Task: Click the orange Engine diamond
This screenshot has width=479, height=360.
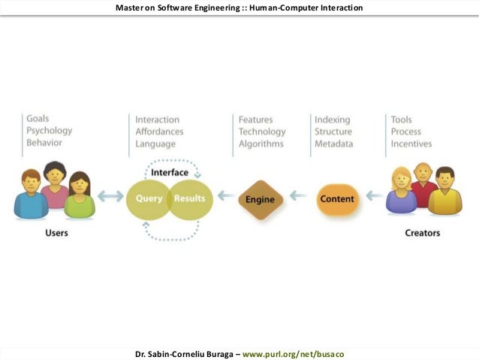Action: click(260, 199)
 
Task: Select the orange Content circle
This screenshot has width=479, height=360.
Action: click(337, 199)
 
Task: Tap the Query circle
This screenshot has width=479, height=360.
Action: click(149, 198)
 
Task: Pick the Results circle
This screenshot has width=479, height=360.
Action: click(189, 198)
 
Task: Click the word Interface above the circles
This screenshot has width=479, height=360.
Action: click(170, 173)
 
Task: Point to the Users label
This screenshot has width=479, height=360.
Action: click(56, 233)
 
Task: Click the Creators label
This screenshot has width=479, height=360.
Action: click(423, 233)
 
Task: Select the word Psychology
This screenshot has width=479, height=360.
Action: click(50, 131)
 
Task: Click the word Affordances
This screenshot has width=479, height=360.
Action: click(159, 132)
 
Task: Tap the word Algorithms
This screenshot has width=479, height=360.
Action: click(261, 144)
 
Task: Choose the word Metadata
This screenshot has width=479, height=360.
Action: click(333, 144)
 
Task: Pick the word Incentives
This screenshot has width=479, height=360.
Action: click(411, 144)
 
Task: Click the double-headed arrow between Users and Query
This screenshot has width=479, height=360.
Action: click(110, 197)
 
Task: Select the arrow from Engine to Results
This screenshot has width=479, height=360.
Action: click(221, 197)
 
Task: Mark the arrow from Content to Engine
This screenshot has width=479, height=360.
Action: click(298, 197)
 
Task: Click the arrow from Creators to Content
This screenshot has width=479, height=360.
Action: click(372, 197)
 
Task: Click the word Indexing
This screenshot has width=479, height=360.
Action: click(333, 119)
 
